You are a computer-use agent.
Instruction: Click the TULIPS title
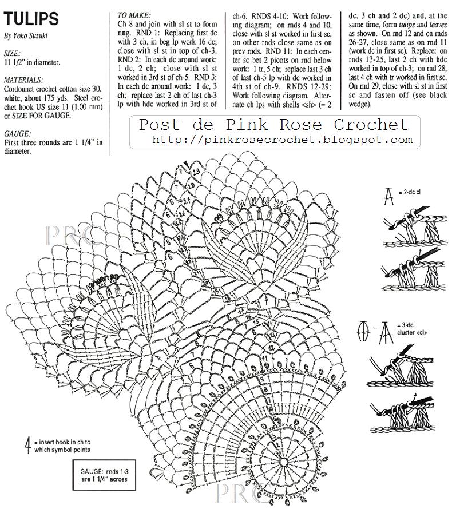(31, 18)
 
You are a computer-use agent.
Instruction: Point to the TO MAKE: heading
(134, 15)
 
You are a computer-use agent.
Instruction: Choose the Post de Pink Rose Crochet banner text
(274, 125)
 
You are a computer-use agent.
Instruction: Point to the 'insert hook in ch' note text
(63, 446)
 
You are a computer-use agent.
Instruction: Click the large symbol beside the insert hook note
(27, 445)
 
